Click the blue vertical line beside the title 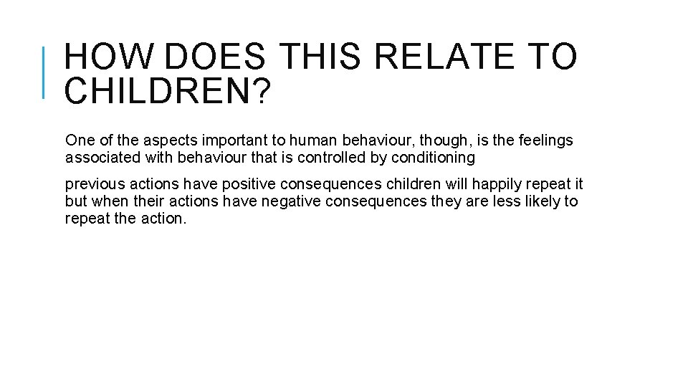[44, 72]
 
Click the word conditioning [433, 158]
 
